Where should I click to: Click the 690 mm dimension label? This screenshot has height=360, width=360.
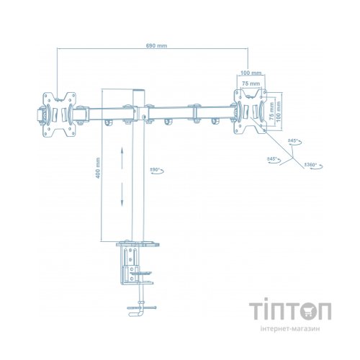pyautogui.click(x=156, y=45)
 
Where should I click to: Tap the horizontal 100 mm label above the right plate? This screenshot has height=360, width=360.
pyautogui.click(x=251, y=73)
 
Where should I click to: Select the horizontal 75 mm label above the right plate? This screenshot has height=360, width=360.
pyautogui.click(x=251, y=85)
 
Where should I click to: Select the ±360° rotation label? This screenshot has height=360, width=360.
pyautogui.click(x=312, y=165)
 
